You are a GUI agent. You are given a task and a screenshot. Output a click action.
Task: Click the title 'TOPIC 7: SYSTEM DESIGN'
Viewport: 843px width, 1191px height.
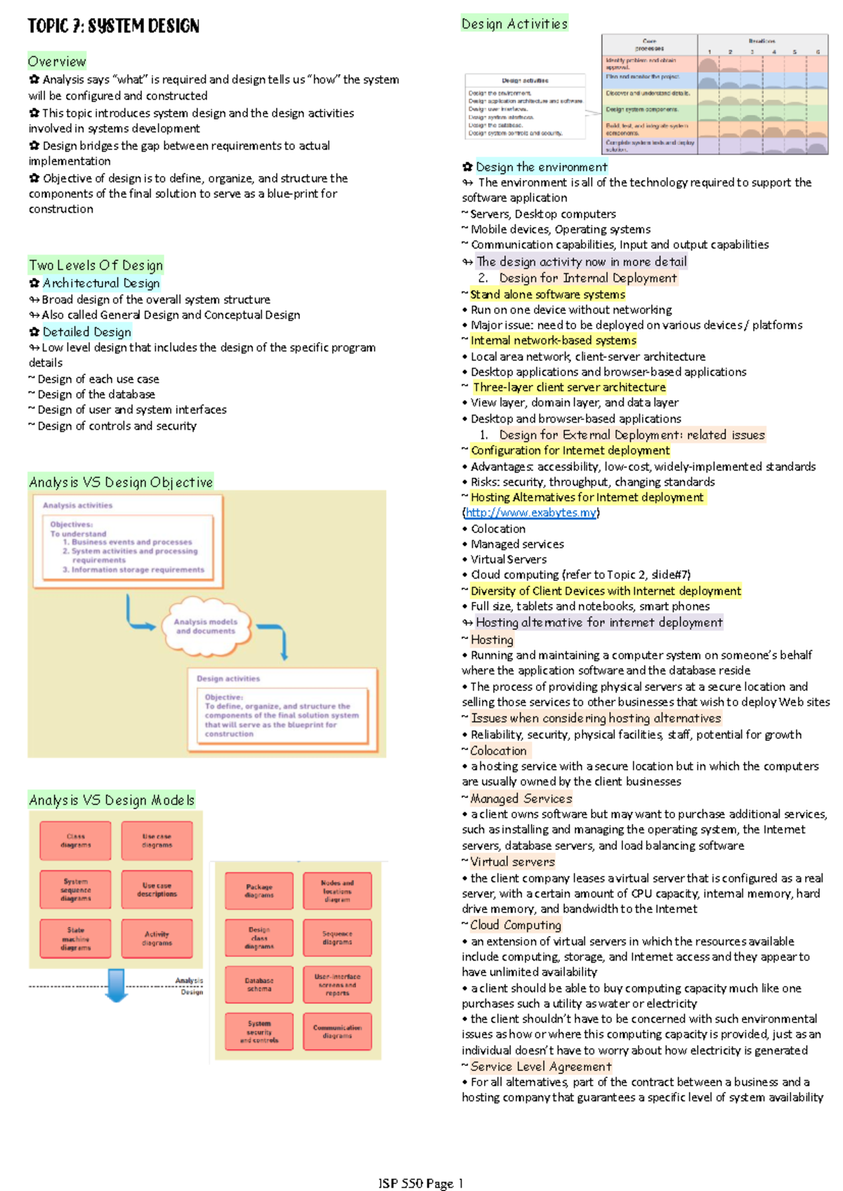coord(113,27)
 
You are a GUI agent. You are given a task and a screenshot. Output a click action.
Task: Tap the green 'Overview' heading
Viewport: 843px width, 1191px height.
coord(57,61)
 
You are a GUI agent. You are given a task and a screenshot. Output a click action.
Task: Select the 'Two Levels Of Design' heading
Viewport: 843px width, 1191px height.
coord(96,265)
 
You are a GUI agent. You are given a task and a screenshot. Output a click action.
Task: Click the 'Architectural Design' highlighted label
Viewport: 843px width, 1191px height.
coord(101,283)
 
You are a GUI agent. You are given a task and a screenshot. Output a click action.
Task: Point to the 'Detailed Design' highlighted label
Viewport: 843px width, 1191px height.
coord(86,331)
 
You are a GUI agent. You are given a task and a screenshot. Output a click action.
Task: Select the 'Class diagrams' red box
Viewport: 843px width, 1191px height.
coord(76,841)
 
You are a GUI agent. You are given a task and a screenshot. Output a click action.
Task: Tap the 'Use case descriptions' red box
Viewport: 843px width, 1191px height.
coord(157,890)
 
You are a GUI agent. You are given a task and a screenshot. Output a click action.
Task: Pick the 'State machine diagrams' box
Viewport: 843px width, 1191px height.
coord(76,939)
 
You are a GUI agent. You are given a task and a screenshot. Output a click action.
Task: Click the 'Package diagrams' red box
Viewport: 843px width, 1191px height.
coord(259,891)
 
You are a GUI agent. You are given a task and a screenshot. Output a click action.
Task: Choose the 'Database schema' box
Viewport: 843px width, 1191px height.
coord(259,985)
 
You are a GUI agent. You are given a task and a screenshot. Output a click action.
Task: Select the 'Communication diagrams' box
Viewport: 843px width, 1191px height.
coord(337,1031)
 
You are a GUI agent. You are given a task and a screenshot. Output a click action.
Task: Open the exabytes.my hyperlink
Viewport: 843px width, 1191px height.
coord(531,513)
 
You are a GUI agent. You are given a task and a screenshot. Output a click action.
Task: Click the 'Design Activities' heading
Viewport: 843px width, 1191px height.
coord(514,24)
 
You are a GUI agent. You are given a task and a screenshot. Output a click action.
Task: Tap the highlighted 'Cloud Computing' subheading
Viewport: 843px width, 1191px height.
coord(516,925)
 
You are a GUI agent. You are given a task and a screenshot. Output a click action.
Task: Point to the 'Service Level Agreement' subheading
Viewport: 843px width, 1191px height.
coord(541,1066)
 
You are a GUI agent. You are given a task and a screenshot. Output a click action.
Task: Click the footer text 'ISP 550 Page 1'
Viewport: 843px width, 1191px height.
coord(421,1183)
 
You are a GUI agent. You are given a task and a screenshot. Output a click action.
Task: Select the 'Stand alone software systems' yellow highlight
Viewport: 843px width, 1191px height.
coord(547,294)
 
